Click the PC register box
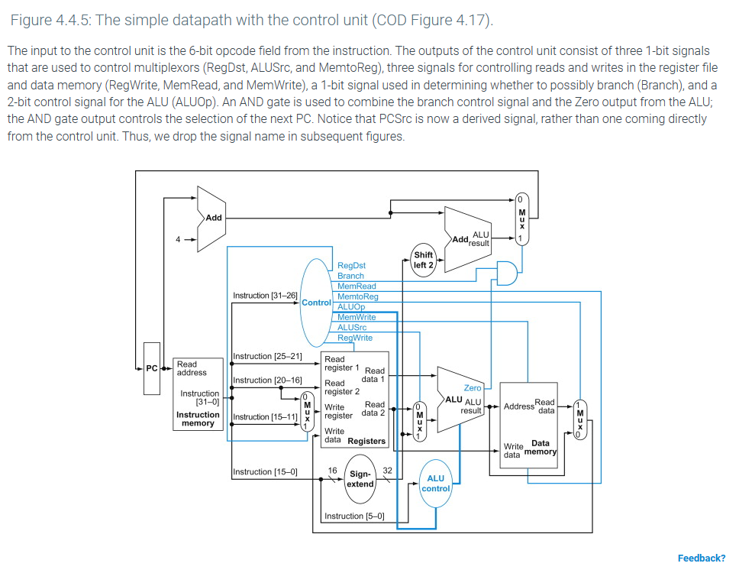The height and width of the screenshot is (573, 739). (152, 368)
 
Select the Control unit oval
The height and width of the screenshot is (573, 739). (316, 302)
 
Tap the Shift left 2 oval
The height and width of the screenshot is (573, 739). (423, 260)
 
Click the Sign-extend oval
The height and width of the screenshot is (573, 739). (360, 479)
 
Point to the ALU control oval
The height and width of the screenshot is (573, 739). (436, 483)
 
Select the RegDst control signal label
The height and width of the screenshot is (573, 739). (351, 266)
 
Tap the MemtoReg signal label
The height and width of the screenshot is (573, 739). (357, 296)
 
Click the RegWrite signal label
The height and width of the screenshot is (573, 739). (355, 338)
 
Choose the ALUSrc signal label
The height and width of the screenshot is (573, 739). (352, 327)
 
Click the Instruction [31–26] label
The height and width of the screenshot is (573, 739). (264, 296)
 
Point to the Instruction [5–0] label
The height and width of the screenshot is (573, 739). (353, 516)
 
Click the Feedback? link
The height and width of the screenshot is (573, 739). (701, 558)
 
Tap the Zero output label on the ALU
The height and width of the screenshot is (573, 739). (473, 388)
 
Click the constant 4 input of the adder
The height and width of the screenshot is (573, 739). (178, 238)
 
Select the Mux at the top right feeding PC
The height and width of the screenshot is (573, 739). (521, 217)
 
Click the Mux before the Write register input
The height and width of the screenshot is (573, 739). (307, 413)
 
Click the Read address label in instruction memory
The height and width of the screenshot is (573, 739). (192, 368)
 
